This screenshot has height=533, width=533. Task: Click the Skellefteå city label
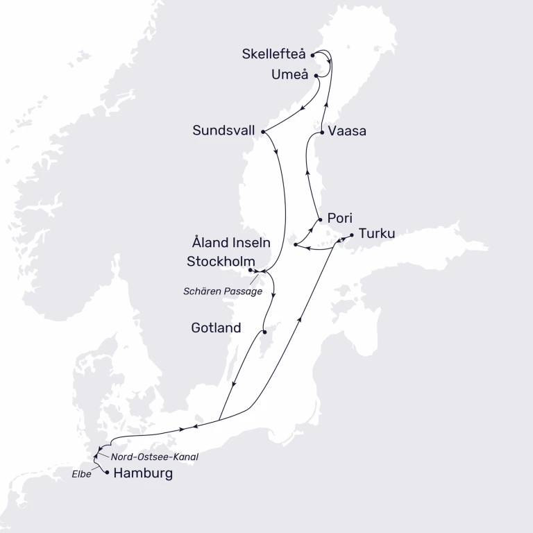(274, 54)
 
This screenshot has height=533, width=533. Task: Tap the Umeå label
(289, 75)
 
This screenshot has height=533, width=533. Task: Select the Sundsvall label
(225, 130)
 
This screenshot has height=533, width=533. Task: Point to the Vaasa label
(348, 130)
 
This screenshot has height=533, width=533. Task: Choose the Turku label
(377, 233)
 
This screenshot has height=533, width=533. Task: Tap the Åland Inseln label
(231, 244)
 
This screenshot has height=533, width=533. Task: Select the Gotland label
(216, 328)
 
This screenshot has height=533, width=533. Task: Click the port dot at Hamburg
(107, 473)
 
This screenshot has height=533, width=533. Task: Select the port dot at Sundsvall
(263, 130)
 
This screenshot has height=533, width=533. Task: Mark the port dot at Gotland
(265, 331)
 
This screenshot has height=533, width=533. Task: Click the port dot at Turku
(351, 235)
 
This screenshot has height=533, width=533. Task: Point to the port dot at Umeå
(316, 75)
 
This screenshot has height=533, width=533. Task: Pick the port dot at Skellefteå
(313, 54)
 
